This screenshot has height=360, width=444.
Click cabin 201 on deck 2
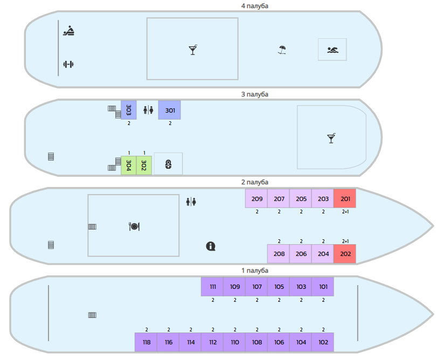click(x=345, y=199)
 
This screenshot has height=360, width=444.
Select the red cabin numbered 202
click(x=345, y=254)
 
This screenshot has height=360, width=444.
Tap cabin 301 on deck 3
click(x=170, y=110)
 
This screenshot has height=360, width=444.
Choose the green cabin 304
click(x=129, y=165)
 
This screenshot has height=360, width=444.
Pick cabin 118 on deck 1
click(x=146, y=342)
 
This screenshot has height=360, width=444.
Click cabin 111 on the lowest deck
click(x=212, y=287)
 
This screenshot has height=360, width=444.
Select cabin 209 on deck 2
click(x=256, y=199)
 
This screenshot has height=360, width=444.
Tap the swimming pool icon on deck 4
click(x=332, y=50)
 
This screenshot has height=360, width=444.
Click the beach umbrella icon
click(x=282, y=50)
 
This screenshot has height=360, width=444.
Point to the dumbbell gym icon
click(x=68, y=65)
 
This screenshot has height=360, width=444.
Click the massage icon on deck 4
click(x=68, y=31)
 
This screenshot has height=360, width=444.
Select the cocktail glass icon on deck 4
click(x=193, y=50)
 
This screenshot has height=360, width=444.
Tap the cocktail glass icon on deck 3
click(x=331, y=139)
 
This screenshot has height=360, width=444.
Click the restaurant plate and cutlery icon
click(x=134, y=226)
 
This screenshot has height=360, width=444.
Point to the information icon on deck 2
click(x=211, y=246)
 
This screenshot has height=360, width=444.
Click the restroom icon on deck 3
click(x=148, y=110)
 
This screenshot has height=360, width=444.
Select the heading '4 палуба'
click(x=254, y=6)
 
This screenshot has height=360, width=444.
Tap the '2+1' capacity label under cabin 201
click(x=345, y=212)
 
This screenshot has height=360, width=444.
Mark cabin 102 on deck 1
click(x=323, y=342)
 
